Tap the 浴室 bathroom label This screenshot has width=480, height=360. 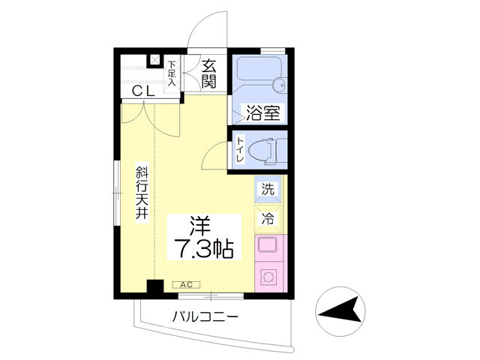[262, 112]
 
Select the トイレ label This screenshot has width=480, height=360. [240, 150]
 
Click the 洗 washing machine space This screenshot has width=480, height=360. [268, 190]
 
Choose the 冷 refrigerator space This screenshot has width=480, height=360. [268, 219]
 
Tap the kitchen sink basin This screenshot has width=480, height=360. [267, 245]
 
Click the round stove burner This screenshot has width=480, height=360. [268, 277]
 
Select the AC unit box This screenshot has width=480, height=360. [187, 285]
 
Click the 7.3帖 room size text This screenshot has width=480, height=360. [203, 248]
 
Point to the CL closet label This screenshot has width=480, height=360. [143, 91]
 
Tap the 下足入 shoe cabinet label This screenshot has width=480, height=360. [172, 73]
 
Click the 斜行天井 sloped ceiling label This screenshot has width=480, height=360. [142, 193]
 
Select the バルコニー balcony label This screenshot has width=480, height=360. [205, 316]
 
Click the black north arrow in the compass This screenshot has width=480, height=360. [340, 310]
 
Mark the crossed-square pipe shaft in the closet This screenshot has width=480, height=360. [155, 60]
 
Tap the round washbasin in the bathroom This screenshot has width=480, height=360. [279, 84]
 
